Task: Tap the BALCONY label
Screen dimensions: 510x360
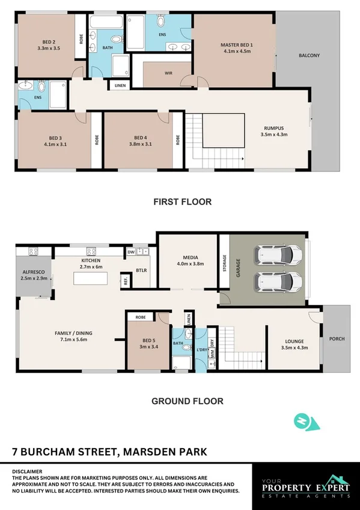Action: pos(309,56)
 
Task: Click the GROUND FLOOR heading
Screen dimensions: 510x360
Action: pos(187,401)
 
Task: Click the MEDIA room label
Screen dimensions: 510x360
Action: pos(190,260)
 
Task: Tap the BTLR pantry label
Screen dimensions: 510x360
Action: pos(141,271)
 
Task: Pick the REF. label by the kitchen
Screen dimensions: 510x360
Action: pos(126,280)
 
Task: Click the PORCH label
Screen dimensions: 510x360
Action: pos(337,339)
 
